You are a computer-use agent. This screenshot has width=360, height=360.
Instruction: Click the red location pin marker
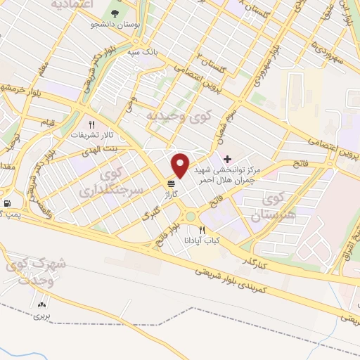pyautogui.click(x=181, y=165)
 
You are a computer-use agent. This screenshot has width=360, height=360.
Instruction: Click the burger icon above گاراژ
pyautogui.click(x=172, y=184)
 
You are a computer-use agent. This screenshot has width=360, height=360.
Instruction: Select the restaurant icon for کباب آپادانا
pyautogui.click(x=202, y=230)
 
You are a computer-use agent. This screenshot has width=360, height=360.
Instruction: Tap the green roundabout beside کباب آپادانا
pyautogui.click(x=190, y=216)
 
